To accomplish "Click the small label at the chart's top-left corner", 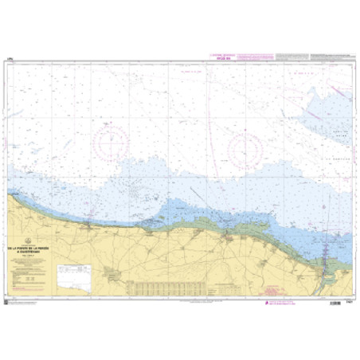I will [x=11, y=58].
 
